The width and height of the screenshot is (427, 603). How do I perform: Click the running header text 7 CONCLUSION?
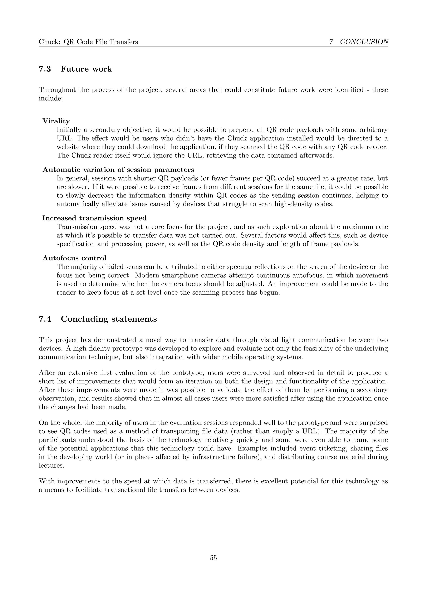coord(359,42)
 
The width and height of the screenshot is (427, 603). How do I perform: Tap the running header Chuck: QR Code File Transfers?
coord(88,42)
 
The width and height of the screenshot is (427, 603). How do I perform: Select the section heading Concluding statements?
coord(109,319)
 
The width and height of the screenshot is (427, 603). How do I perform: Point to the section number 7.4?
coord(45,319)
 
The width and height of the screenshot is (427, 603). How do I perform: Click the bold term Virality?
coord(56,121)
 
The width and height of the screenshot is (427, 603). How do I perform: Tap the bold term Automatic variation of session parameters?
coord(118,169)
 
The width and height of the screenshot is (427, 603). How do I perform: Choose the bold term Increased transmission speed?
coord(95,218)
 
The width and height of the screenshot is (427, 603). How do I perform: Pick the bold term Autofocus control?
coord(74,258)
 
